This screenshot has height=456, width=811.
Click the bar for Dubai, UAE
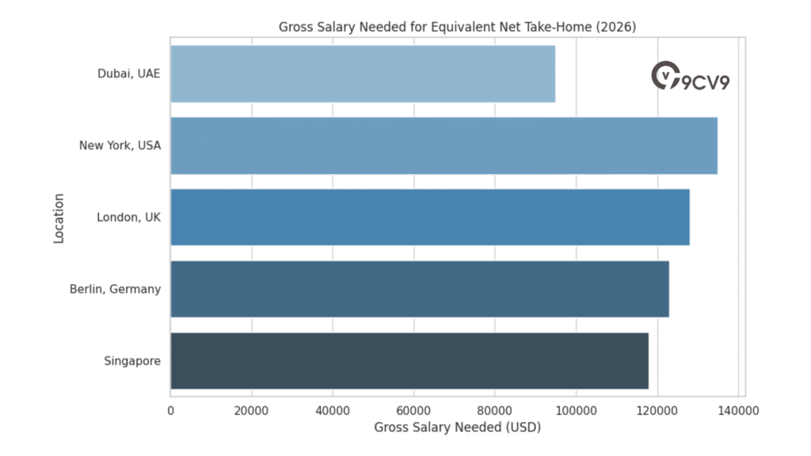(363, 74)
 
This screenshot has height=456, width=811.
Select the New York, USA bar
(444, 146)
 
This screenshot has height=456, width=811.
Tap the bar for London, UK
(430, 217)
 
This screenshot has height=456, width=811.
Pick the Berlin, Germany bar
(420, 289)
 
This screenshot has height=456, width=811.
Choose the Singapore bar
(409, 361)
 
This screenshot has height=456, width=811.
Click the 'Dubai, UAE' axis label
(129, 74)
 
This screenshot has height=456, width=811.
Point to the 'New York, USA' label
(120, 146)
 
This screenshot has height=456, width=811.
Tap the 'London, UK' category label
(129, 217)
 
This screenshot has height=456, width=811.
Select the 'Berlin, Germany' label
(115, 289)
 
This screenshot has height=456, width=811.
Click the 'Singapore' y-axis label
(132, 361)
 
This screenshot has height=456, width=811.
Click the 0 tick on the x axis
(170, 410)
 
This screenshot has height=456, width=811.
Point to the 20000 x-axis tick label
(252, 410)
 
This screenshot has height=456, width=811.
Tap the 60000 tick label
(414, 410)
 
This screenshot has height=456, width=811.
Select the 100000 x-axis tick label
(577, 410)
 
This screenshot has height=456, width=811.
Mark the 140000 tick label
(739, 410)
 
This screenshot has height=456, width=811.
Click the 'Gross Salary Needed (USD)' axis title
(457, 427)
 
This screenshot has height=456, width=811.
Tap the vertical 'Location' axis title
(59, 217)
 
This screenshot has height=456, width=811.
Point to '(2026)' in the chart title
(617, 27)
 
